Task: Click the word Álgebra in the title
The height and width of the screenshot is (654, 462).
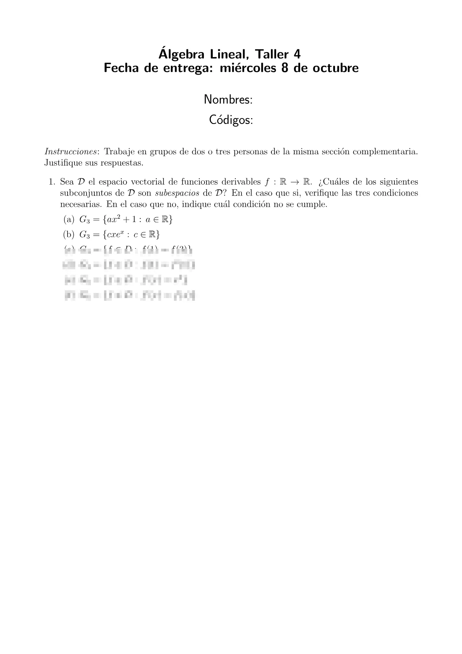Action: [182, 54]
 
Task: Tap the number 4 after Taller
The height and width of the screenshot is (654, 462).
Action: [297, 54]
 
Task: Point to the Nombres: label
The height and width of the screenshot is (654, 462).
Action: [228, 100]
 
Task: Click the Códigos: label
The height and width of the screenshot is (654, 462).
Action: [231, 120]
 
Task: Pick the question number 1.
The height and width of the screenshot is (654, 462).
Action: [52, 182]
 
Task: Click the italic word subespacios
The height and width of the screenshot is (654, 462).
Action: [177, 193]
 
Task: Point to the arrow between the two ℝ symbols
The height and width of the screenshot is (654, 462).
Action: [296, 182]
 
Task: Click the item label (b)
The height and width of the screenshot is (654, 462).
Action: [69, 235]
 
